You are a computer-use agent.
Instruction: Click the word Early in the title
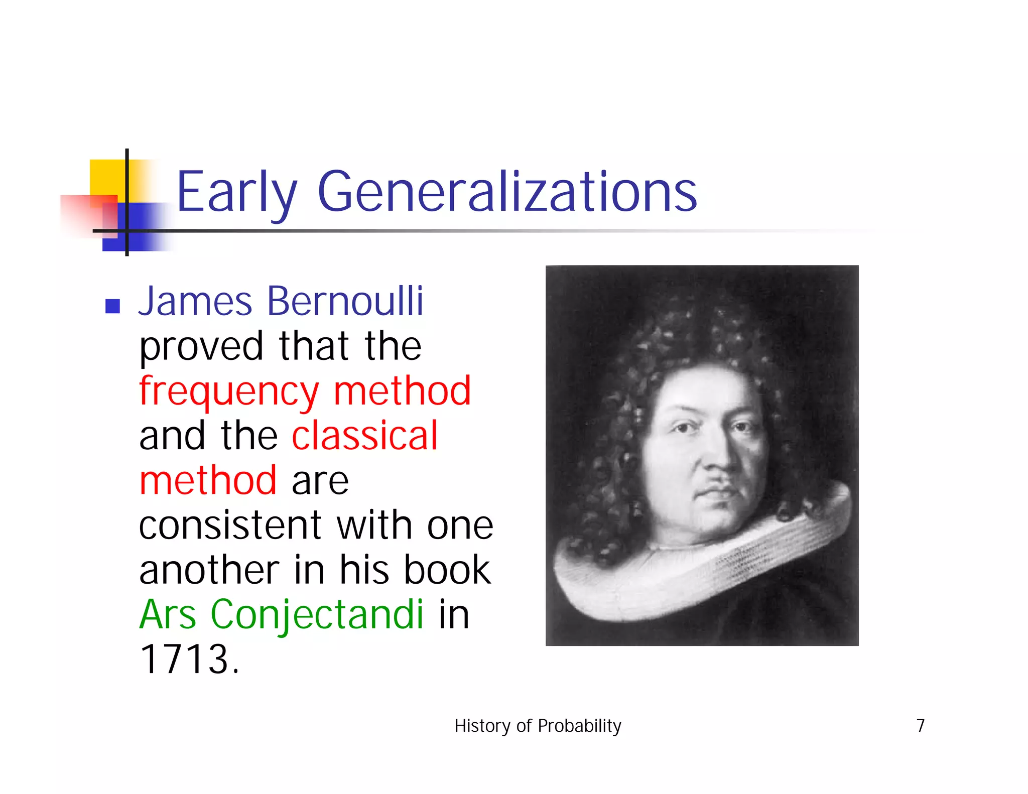pyautogui.click(x=236, y=192)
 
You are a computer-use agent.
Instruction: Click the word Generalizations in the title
pyautogui.click(x=507, y=192)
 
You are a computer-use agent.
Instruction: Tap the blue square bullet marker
pyautogui.click(x=112, y=306)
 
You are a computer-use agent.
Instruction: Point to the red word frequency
pyautogui.click(x=229, y=391)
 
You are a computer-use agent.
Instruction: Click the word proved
pyautogui.click(x=201, y=347)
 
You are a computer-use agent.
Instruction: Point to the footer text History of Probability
pyautogui.click(x=538, y=726)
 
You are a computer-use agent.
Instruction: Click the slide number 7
pyautogui.click(x=920, y=726)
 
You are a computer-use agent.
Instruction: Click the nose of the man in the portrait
pyautogui.click(x=717, y=462)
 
